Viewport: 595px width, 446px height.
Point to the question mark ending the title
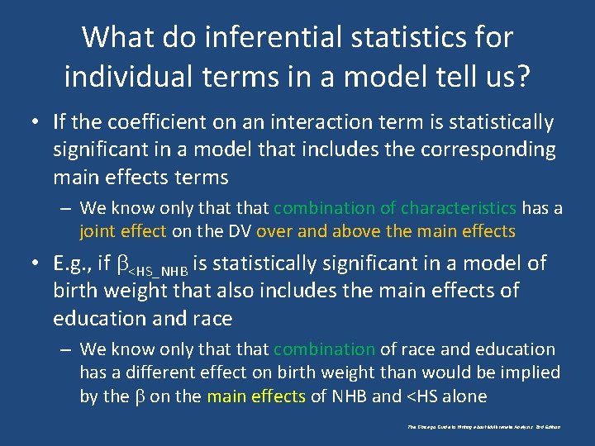click(x=522, y=76)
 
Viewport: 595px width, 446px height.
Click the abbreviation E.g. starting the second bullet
click(x=72, y=264)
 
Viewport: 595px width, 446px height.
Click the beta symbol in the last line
click(x=138, y=396)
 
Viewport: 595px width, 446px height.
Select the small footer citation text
click(x=483, y=427)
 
